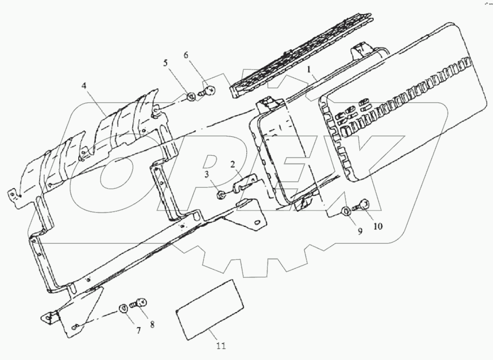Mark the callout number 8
point(153,325)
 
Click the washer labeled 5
point(192,97)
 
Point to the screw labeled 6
point(209,90)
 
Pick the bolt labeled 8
point(141,304)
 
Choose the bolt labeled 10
point(362,205)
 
